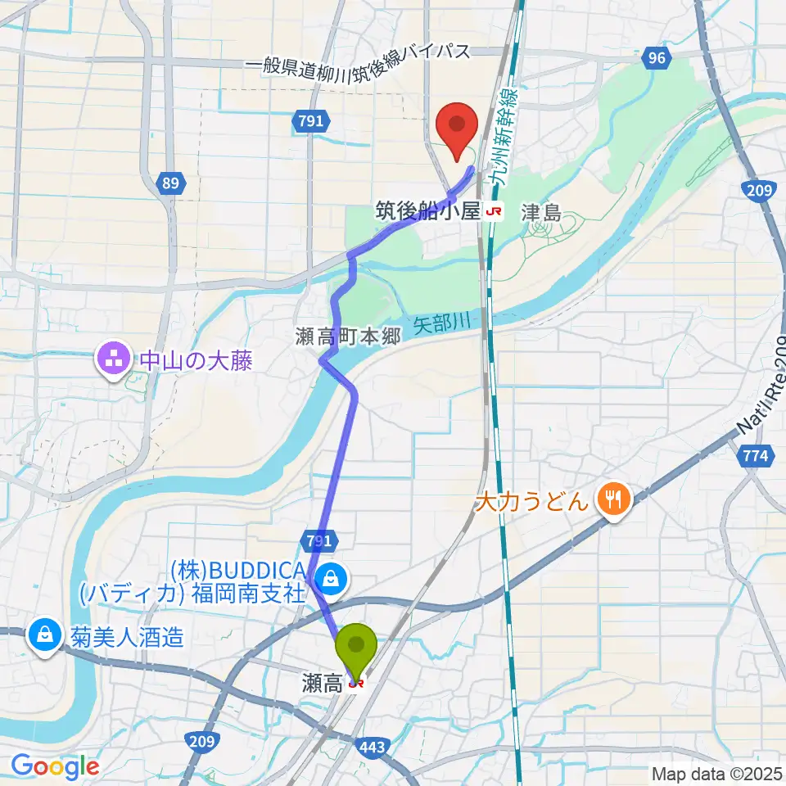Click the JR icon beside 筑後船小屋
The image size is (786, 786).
point(494,212)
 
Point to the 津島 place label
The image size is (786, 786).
point(540,213)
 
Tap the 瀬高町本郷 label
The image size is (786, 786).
point(348,337)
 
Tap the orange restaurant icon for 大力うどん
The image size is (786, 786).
point(614,499)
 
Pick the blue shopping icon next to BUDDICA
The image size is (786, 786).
point(331,579)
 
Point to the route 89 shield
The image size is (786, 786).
point(169,183)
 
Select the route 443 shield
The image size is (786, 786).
point(373,746)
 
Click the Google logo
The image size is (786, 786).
point(55,767)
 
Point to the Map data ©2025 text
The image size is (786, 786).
point(717,773)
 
